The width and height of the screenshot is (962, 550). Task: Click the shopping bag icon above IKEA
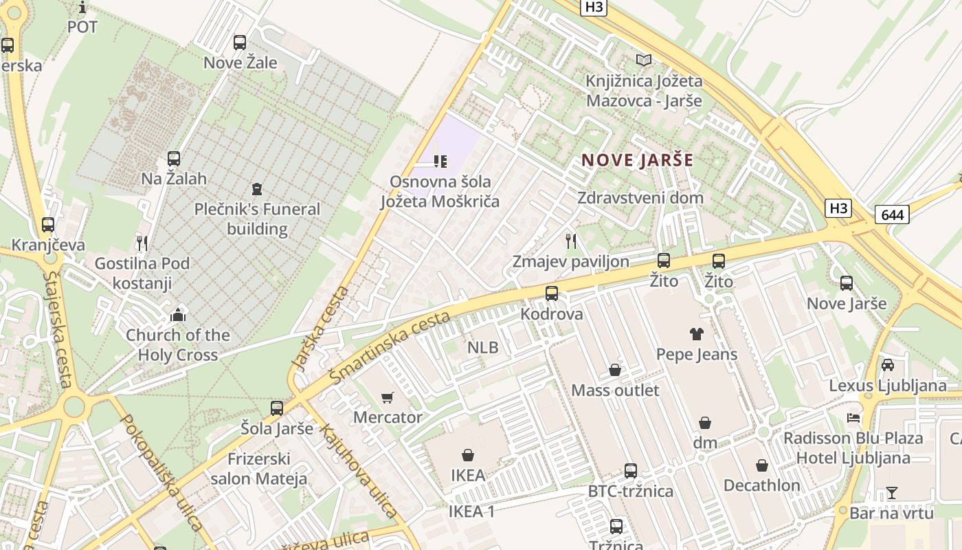click(x=468, y=455)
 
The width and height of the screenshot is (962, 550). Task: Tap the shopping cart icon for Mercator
click(x=387, y=397)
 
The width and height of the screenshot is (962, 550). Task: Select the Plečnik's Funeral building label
click(x=257, y=219)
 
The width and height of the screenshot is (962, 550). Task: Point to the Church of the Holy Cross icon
click(x=178, y=315)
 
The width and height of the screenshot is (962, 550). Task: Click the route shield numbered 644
click(x=892, y=214)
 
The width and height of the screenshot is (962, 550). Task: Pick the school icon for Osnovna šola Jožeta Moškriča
click(x=440, y=162)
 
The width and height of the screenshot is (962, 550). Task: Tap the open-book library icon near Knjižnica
click(x=644, y=60)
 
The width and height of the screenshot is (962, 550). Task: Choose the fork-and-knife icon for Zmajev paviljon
click(x=570, y=241)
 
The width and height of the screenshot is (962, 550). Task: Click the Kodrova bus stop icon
click(x=551, y=294)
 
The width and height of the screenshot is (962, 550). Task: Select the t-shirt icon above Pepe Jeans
click(x=697, y=334)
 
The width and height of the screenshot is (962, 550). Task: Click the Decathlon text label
click(x=761, y=485)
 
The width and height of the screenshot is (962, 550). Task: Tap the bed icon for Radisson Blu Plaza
click(x=853, y=418)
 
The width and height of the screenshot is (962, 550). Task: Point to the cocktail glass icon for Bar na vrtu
click(x=892, y=492)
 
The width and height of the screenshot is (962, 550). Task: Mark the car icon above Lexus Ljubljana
click(x=888, y=365)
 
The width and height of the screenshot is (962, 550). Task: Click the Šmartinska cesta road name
click(x=390, y=347)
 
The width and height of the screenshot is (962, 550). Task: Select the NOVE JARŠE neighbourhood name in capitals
click(x=637, y=161)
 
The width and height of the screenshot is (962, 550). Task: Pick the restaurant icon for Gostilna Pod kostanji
click(x=142, y=243)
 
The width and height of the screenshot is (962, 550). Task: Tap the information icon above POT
click(x=82, y=8)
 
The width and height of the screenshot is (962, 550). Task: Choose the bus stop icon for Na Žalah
click(x=174, y=159)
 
